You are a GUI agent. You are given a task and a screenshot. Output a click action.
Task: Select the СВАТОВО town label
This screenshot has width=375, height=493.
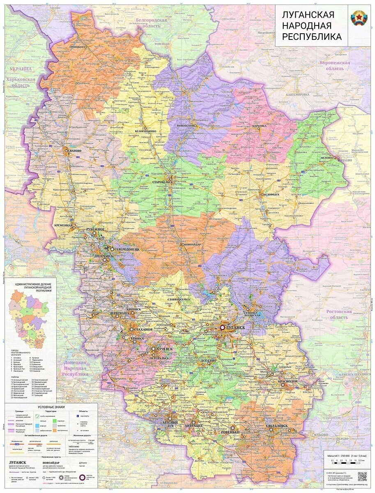point(75,151)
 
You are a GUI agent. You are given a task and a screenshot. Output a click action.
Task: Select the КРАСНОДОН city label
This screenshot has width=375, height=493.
point(291,381)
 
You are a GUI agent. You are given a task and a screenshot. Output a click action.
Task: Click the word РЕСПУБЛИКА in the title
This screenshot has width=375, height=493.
point(311,37)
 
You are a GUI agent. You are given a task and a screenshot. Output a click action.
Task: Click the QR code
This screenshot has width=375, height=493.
point(362,476)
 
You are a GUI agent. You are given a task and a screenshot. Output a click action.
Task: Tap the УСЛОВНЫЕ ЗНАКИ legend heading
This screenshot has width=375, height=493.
point(51,407)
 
